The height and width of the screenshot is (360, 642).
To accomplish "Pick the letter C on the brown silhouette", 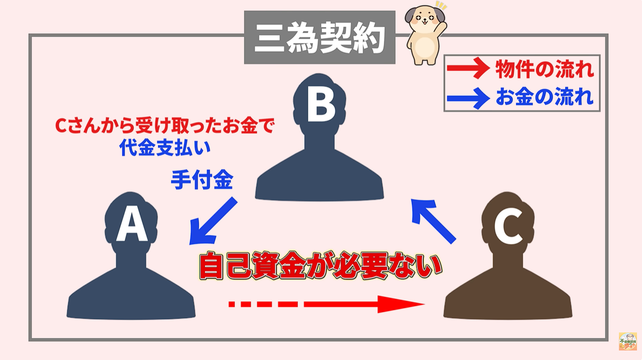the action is coord(508,226).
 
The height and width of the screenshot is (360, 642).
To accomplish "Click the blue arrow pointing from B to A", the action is coord(213,221).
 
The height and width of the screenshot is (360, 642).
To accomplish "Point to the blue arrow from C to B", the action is coord(433,219).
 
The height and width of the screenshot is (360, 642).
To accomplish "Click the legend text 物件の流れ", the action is coord(544,70).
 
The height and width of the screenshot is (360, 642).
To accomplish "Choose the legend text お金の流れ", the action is coord(544,97).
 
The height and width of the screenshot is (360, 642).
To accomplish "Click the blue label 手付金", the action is coord(202,180).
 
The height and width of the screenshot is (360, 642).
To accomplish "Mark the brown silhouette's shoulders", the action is coord(508,296).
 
